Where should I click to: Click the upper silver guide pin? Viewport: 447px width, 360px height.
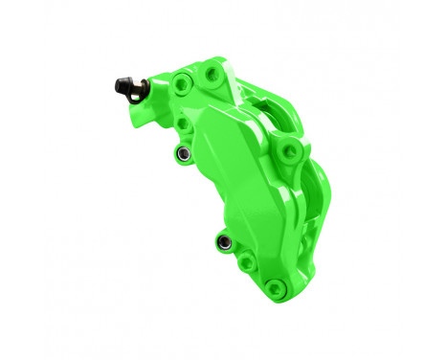[181, 153]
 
